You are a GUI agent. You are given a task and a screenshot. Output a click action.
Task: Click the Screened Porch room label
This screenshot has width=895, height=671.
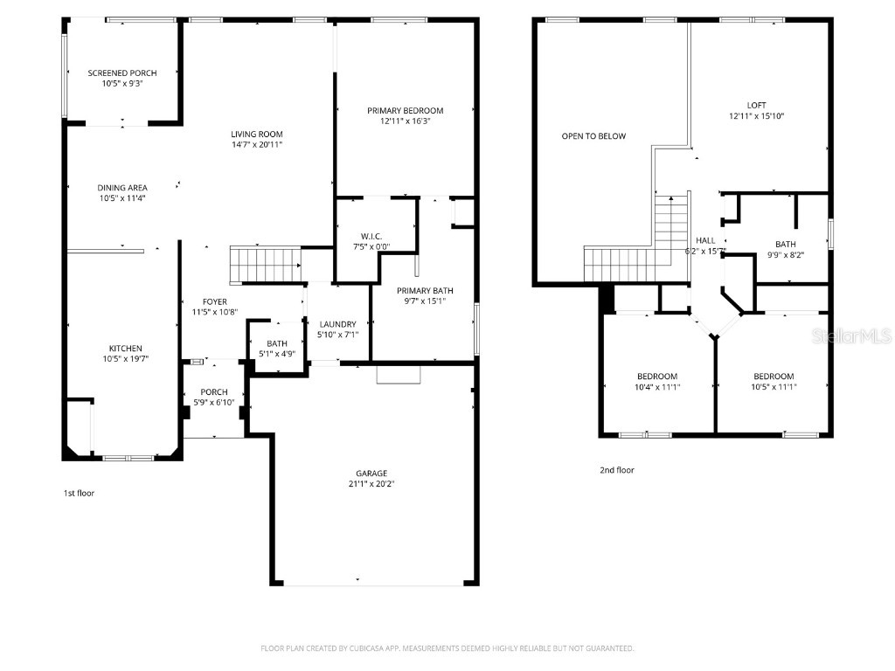122,73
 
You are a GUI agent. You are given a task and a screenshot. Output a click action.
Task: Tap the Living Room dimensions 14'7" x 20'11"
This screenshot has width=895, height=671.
256,145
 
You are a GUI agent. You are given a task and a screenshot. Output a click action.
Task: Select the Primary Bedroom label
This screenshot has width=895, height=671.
405,111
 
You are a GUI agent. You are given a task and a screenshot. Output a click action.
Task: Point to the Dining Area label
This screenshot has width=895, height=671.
122,188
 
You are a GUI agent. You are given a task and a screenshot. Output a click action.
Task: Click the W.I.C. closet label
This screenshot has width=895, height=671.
371,236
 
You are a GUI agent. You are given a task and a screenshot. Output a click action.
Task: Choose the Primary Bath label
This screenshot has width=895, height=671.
425,291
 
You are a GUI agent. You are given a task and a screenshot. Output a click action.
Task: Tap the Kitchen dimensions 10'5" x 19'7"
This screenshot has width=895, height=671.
122,359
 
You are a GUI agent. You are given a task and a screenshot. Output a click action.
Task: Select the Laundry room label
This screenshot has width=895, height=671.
338,324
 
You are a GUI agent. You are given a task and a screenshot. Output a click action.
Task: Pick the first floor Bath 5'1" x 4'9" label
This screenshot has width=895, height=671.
277,344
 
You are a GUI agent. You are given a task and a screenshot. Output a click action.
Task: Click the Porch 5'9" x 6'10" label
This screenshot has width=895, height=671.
214,392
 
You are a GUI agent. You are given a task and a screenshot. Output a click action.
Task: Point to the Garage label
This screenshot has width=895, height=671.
371,474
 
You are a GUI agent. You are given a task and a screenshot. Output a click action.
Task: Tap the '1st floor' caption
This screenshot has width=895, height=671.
79,494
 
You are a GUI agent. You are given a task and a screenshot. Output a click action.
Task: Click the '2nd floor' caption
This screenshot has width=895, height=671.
617,471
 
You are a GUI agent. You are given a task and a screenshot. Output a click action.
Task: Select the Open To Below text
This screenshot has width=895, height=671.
593,136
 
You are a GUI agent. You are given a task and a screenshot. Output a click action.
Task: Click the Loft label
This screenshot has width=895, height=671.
756,105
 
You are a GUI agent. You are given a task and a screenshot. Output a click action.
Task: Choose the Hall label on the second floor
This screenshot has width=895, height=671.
705,240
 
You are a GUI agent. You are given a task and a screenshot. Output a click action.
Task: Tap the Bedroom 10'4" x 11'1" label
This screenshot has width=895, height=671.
657,377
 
